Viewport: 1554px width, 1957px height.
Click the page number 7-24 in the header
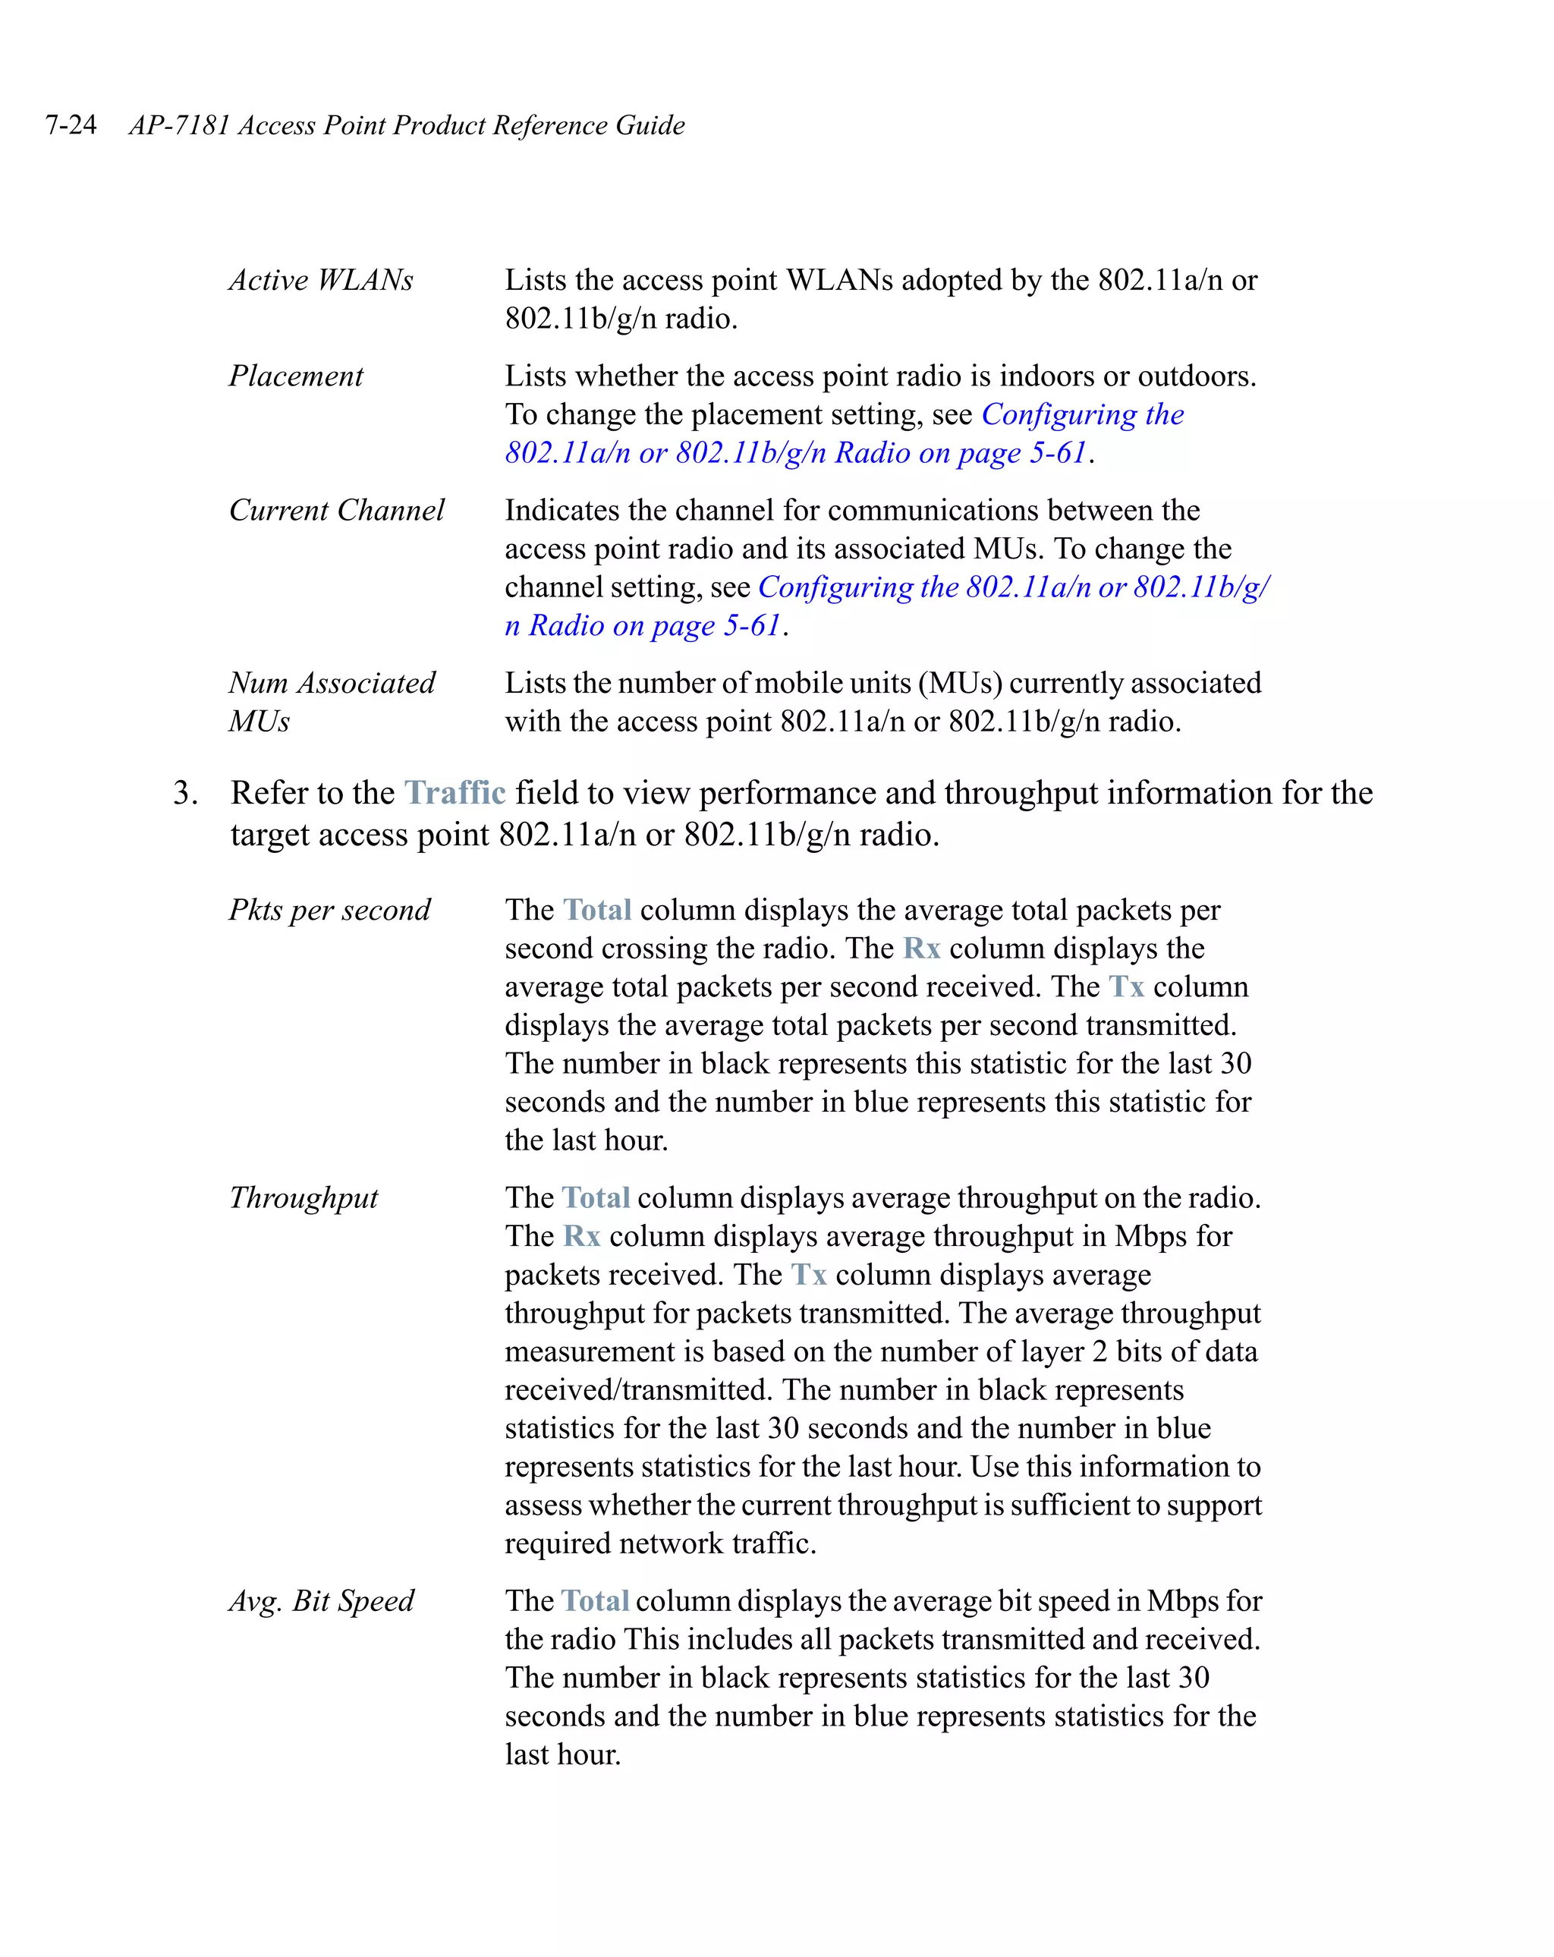click(71, 124)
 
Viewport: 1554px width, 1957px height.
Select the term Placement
click(295, 376)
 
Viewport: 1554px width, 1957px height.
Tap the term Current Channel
click(336, 510)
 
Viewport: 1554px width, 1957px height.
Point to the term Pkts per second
click(329, 910)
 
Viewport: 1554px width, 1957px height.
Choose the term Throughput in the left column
click(304, 1198)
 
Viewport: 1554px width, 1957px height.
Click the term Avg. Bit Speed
click(320, 1600)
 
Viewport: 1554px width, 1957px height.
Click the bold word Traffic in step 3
click(454, 792)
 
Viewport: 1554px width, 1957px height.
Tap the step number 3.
click(184, 792)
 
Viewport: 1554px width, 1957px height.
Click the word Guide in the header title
click(650, 124)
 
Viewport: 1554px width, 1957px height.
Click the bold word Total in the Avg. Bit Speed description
click(596, 1600)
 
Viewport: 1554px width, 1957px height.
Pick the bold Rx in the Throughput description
click(582, 1236)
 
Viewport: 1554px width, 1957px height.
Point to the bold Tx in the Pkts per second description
click(1127, 986)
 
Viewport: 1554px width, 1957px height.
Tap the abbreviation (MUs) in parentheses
click(959, 683)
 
